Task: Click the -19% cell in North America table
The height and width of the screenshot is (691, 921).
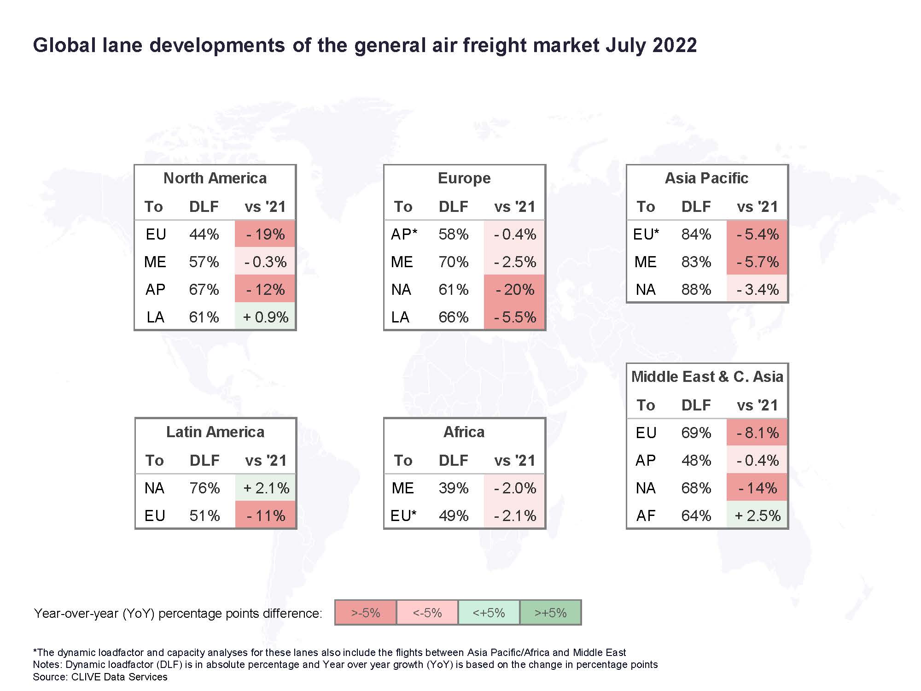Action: click(265, 234)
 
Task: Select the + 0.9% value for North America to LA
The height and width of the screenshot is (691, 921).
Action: click(265, 317)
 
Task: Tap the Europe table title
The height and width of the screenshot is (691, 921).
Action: click(464, 178)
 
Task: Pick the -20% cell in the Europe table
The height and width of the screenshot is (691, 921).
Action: click(514, 289)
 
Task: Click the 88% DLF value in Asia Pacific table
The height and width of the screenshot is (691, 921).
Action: click(696, 289)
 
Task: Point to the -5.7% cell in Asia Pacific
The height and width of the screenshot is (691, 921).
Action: click(757, 262)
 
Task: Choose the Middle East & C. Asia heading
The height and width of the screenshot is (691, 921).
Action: click(707, 377)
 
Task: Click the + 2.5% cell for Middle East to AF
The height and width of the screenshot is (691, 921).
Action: click(757, 515)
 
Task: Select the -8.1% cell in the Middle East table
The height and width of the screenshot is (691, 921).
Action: click(757, 433)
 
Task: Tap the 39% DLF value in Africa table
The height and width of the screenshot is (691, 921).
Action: click(454, 488)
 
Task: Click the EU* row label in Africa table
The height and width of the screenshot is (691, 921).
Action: click(403, 515)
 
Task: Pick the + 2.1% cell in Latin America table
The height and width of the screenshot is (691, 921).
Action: click(266, 488)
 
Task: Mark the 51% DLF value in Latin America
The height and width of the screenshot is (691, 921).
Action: click(205, 515)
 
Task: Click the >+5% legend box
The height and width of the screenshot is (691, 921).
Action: click(551, 613)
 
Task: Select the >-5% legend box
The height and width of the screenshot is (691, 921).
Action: click(366, 613)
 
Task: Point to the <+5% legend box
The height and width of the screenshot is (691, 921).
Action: click(489, 613)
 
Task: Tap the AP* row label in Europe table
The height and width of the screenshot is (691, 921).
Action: click(404, 234)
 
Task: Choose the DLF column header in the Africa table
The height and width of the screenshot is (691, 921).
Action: click(454, 460)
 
